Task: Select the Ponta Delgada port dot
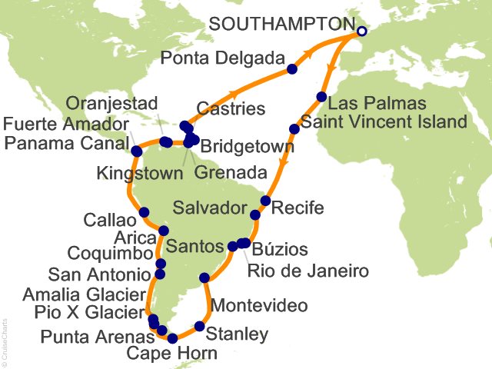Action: [292, 69]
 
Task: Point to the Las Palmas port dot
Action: [321, 97]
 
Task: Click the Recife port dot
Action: [265, 201]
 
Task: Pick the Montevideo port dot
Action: [204, 278]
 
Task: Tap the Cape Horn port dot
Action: [173, 337]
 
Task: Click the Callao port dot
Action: [144, 212]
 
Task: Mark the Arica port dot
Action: [163, 231]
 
